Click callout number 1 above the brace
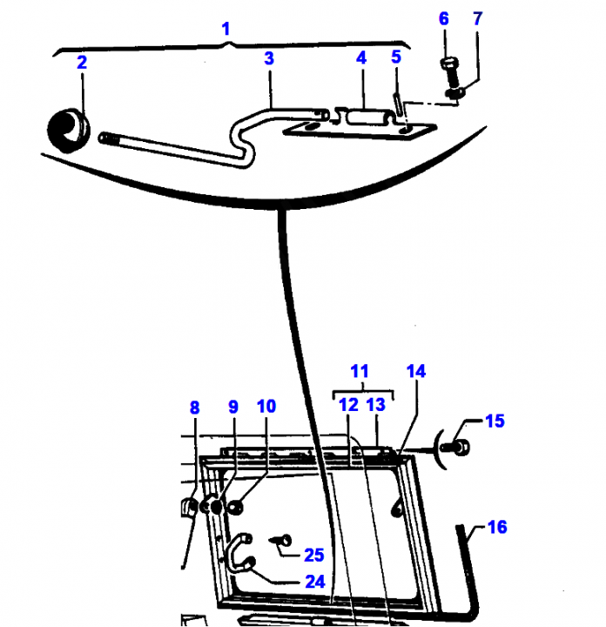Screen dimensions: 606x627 tap(226, 30)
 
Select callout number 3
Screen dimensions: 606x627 tap(269, 58)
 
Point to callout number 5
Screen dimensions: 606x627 tap(396, 57)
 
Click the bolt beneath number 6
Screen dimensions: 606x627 tap(450, 74)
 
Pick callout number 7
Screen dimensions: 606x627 tap(477, 19)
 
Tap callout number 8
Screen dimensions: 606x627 tap(194, 408)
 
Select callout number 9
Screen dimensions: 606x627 tap(233, 407)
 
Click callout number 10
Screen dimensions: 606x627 tap(266, 407)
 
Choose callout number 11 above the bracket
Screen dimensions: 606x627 tap(360, 372)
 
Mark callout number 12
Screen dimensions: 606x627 tap(348, 405)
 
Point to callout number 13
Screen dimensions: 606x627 tap(376, 405)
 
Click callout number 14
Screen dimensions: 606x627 tap(416, 372)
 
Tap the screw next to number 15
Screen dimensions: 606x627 tap(455, 447)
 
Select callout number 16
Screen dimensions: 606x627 tap(497, 527)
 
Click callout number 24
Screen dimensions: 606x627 tap(315, 582)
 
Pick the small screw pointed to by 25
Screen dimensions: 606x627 tap(282, 541)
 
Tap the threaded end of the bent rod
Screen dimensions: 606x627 tap(105, 138)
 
